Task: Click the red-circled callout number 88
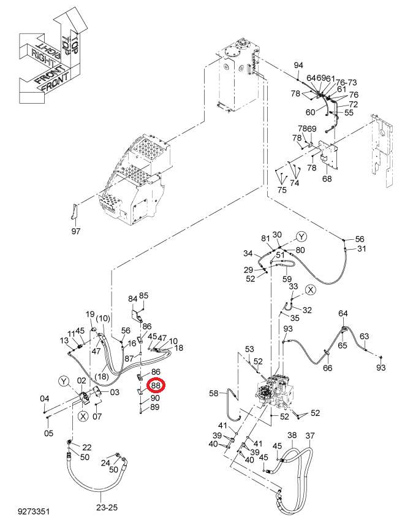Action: point(156,385)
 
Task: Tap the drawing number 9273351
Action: point(34,512)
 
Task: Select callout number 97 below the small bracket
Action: point(76,231)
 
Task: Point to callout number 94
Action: point(298,65)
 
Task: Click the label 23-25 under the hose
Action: point(107,507)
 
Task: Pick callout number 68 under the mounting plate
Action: point(327,178)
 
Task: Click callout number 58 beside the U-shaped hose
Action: point(213,393)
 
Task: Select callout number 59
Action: point(287,279)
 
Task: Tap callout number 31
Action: point(362,248)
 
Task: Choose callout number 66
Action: point(328,368)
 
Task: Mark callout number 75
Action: point(282,190)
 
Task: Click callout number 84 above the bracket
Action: point(133,299)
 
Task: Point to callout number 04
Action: point(45,399)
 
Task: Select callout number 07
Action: point(97,416)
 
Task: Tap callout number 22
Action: point(87,447)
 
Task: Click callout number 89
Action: point(155,407)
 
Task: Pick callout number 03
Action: point(115,392)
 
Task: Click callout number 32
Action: point(307,310)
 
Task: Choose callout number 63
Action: point(365,336)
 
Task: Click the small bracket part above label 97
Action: point(74,212)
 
